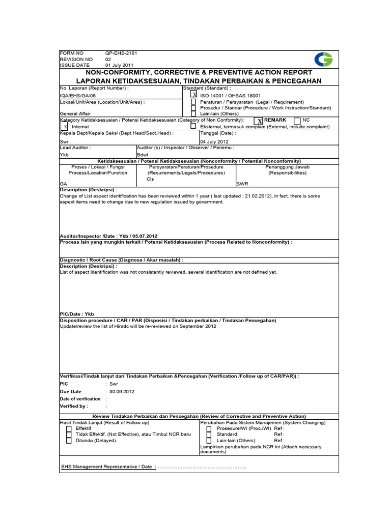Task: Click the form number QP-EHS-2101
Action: pyautogui.click(x=121, y=53)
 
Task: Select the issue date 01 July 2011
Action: pyautogui.click(x=119, y=65)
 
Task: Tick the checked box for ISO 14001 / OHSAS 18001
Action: pyautogui.click(x=193, y=94)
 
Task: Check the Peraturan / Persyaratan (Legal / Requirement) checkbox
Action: pyautogui.click(x=193, y=102)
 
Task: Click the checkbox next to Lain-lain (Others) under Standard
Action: pyautogui.click(x=193, y=114)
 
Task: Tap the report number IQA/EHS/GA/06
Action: pyautogui.click(x=77, y=95)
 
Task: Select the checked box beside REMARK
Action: pyautogui.click(x=259, y=121)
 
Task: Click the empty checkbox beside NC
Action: pyautogui.click(x=297, y=121)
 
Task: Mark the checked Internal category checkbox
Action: pyautogui.click(x=65, y=126)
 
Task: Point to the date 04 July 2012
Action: pyautogui.click(x=214, y=141)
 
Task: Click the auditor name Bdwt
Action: pyautogui.click(x=143, y=154)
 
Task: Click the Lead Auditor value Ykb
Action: pyautogui.click(x=64, y=154)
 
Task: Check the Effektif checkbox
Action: pyautogui.click(x=68, y=428)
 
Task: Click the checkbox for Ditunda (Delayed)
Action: pyautogui.click(x=68, y=441)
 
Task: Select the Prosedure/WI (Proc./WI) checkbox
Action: pyautogui.click(x=209, y=428)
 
